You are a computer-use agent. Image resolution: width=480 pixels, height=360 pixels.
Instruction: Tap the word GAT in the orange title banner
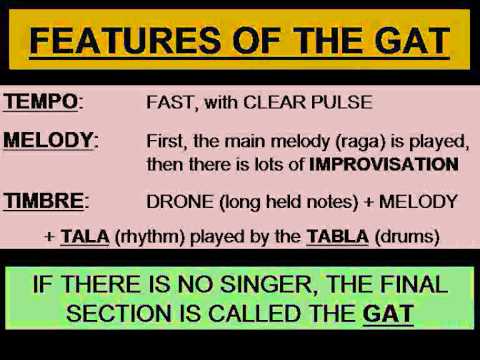click(x=412, y=41)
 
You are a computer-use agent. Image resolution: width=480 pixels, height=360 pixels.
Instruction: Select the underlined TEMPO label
click(x=41, y=102)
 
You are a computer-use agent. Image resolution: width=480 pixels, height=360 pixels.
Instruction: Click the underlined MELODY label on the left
click(x=48, y=140)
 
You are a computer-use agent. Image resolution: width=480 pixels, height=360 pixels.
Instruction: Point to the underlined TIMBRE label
click(x=44, y=201)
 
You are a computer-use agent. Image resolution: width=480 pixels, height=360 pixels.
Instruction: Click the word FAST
click(x=170, y=102)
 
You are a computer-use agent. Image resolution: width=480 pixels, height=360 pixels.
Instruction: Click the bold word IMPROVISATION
click(x=384, y=164)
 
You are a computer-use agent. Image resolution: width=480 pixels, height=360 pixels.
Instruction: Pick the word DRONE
click(x=180, y=202)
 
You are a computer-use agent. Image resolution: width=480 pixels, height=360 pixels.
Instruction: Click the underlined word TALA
click(x=85, y=237)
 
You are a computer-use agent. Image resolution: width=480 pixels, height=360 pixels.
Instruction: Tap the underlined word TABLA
click(x=338, y=237)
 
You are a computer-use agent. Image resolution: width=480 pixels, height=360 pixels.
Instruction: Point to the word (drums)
click(x=407, y=237)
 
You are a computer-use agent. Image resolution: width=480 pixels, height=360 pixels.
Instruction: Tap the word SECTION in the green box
click(x=119, y=314)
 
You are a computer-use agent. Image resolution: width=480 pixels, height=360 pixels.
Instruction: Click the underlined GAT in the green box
click(x=388, y=314)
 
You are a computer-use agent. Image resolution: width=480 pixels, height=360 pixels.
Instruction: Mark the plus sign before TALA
click(x=50, y=237)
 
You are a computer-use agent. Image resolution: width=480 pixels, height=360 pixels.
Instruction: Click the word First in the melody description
click(x=165, y=141)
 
